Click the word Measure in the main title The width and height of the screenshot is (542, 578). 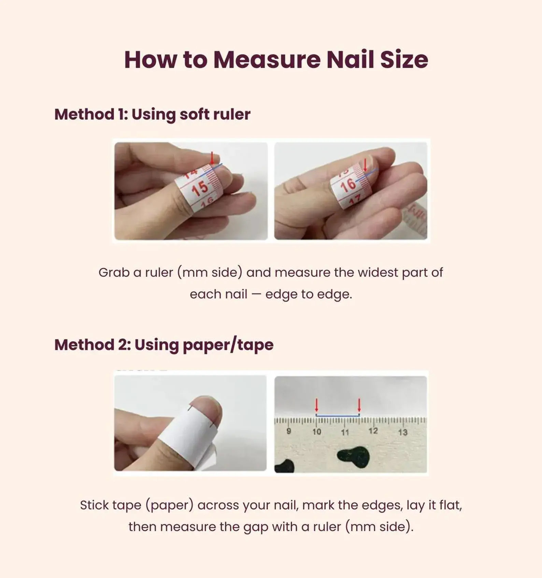(x=267, y=60)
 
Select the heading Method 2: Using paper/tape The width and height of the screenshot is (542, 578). (x=164, y=345)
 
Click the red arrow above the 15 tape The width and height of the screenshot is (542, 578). (x=212, y=158)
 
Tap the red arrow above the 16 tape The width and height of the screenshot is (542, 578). (x=365, y=164)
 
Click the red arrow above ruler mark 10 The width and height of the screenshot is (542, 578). (x=316, y=405)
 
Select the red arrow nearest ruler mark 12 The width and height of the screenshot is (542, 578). (x=359, y=405)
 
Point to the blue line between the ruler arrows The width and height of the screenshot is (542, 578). (x=338, y=415)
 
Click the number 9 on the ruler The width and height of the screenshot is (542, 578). (x=289, y=431)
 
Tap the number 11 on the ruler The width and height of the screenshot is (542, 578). (x=345, y=432)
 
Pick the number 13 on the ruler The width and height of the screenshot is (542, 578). (x=403, y=432)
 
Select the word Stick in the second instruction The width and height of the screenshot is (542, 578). (x=94, y=505)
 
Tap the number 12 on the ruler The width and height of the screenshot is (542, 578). (x=373, y=431)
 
